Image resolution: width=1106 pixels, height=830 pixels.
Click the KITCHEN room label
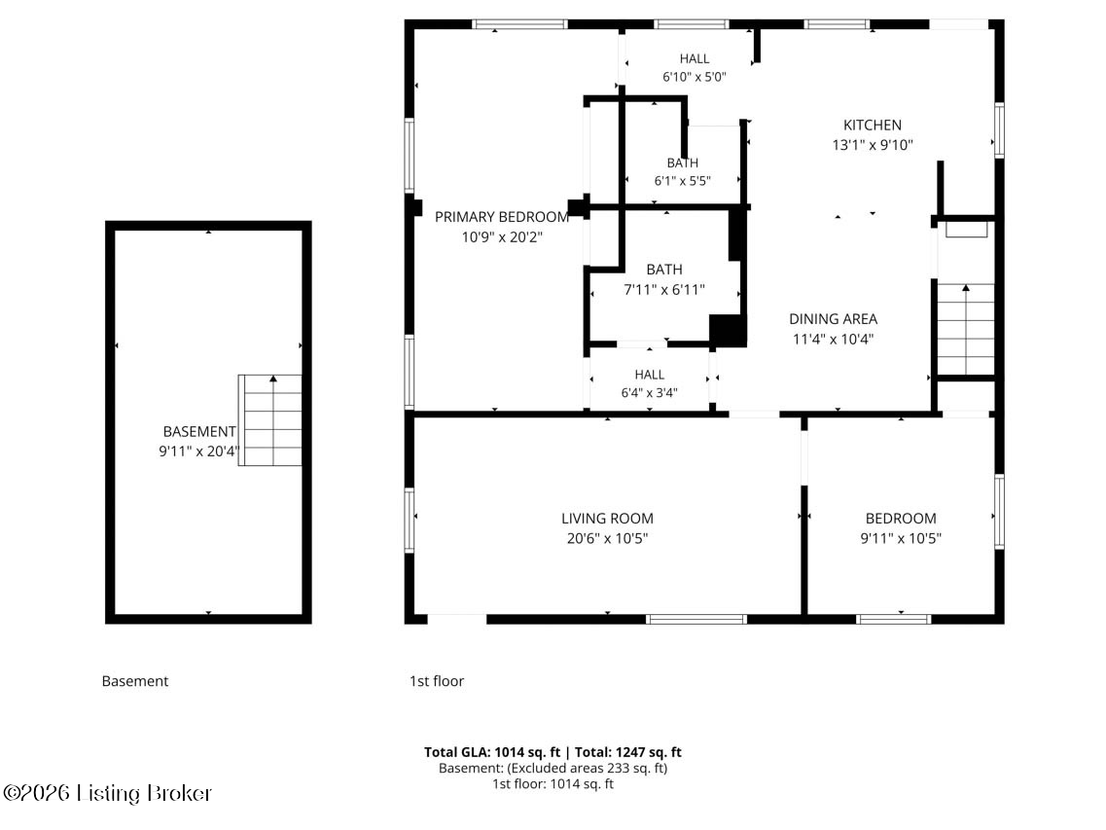click(872, 125)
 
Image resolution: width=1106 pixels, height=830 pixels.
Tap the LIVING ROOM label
click(607, 518)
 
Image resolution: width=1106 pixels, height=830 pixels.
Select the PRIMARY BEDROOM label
click(502, 217)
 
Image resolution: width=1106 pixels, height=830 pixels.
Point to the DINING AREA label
click(833, 319)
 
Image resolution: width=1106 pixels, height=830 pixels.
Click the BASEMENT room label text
click(198, 431)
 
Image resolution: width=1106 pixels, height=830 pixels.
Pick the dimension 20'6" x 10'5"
click(607, 538)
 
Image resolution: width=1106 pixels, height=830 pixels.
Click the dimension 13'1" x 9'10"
click(873, 145)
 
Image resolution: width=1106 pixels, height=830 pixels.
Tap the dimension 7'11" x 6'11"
click(664, 289)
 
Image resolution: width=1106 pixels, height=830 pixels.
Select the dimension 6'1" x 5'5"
click(682, 181)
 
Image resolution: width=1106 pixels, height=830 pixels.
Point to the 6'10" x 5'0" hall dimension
click(695, 77)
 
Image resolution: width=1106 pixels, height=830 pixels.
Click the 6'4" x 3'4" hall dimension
click(649, 393)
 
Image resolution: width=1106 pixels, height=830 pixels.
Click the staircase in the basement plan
click(270, 420)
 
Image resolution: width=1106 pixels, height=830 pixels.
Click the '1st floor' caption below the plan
click(437, 681)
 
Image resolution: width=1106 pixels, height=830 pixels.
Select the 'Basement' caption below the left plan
click(134, 681)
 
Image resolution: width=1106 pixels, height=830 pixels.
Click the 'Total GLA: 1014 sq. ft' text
click(492, 752)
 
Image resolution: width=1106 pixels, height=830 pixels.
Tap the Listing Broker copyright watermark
click(107, 793)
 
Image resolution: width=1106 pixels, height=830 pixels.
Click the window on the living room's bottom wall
click(696, 620)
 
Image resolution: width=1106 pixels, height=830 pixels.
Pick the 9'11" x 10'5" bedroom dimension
click(901, 538)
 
